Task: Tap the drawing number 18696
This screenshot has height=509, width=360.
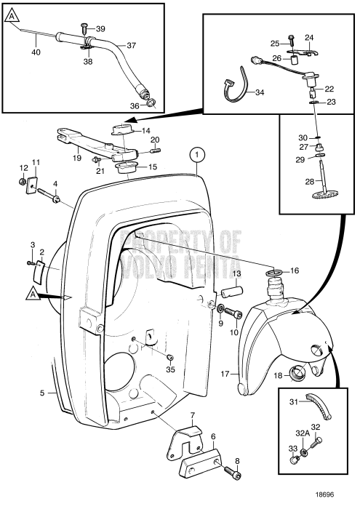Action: (x=324, y=494)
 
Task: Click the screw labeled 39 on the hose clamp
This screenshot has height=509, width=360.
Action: (x=84, y=28)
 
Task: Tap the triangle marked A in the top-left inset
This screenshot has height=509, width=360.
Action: (x=12, y=15)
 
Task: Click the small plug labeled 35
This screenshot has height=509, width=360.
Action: (x=169, y=358)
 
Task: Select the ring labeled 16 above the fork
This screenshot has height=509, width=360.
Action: (x=274, y=273)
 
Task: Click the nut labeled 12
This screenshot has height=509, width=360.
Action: (x=23, y=182)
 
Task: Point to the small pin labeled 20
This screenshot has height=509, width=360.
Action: (x=156, y=151)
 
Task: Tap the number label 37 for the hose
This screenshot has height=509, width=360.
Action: (x=131, y=45)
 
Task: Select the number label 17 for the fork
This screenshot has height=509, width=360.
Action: (x=225, y=374)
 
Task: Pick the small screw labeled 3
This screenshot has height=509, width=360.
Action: (x=31, y=262)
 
